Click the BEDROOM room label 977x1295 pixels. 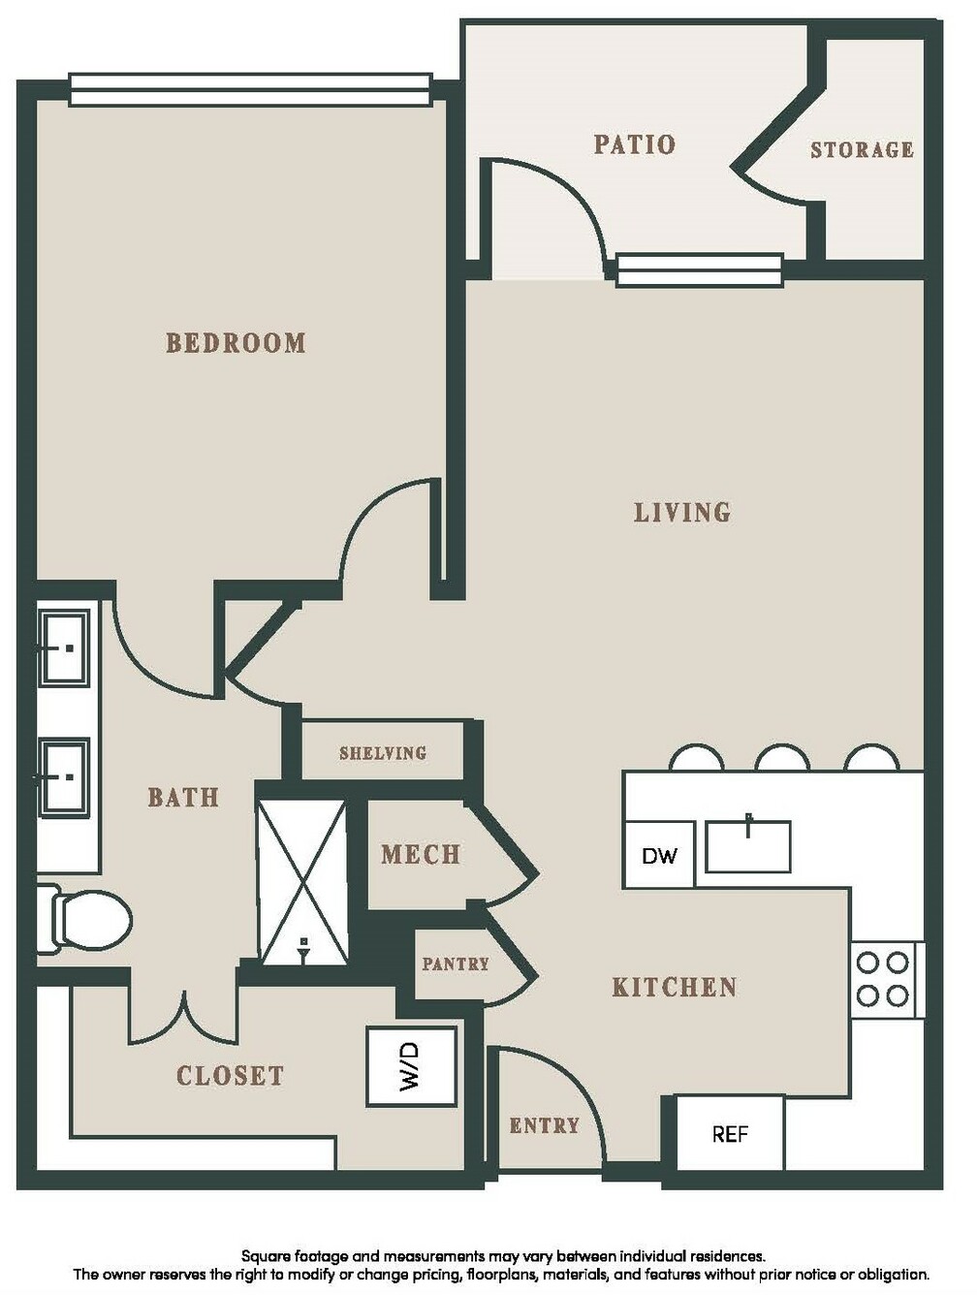point(236,343)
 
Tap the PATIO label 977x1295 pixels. point(634,144)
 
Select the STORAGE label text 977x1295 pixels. point(862,150)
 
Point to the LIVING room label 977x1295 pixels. point(682,512)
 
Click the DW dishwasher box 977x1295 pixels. point(658,855)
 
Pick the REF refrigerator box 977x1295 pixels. point(730,1134)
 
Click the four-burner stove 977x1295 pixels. point(886,979)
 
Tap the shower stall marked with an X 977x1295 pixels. point(302,882)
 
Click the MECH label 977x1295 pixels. point(420,855)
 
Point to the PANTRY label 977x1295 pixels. point(455,964)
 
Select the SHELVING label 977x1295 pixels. point(382,753)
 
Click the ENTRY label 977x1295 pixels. point(544,1125)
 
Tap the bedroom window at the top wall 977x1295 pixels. point(251,90)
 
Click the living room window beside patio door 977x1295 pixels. point(700,270)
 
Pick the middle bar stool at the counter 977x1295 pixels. point(782,758)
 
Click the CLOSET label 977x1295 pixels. point(230,1076)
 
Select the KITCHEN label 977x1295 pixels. point(675,987)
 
